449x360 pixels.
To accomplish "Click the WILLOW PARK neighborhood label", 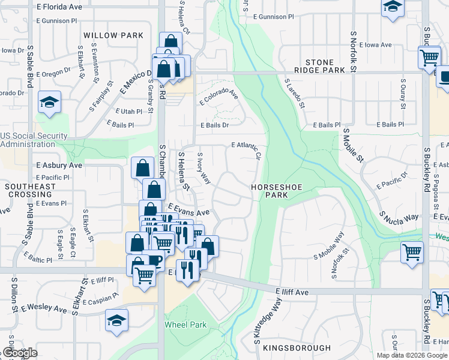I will pos(113,35).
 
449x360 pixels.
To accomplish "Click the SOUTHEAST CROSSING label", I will pos(30,191).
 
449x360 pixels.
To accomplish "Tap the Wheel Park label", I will pos(185,325).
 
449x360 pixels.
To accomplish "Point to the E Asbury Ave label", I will pos(59,165).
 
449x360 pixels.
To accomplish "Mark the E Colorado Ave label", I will pos(218,96).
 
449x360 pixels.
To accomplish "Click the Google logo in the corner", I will pos(20,353).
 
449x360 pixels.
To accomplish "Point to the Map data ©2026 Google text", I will pos(412,355).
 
